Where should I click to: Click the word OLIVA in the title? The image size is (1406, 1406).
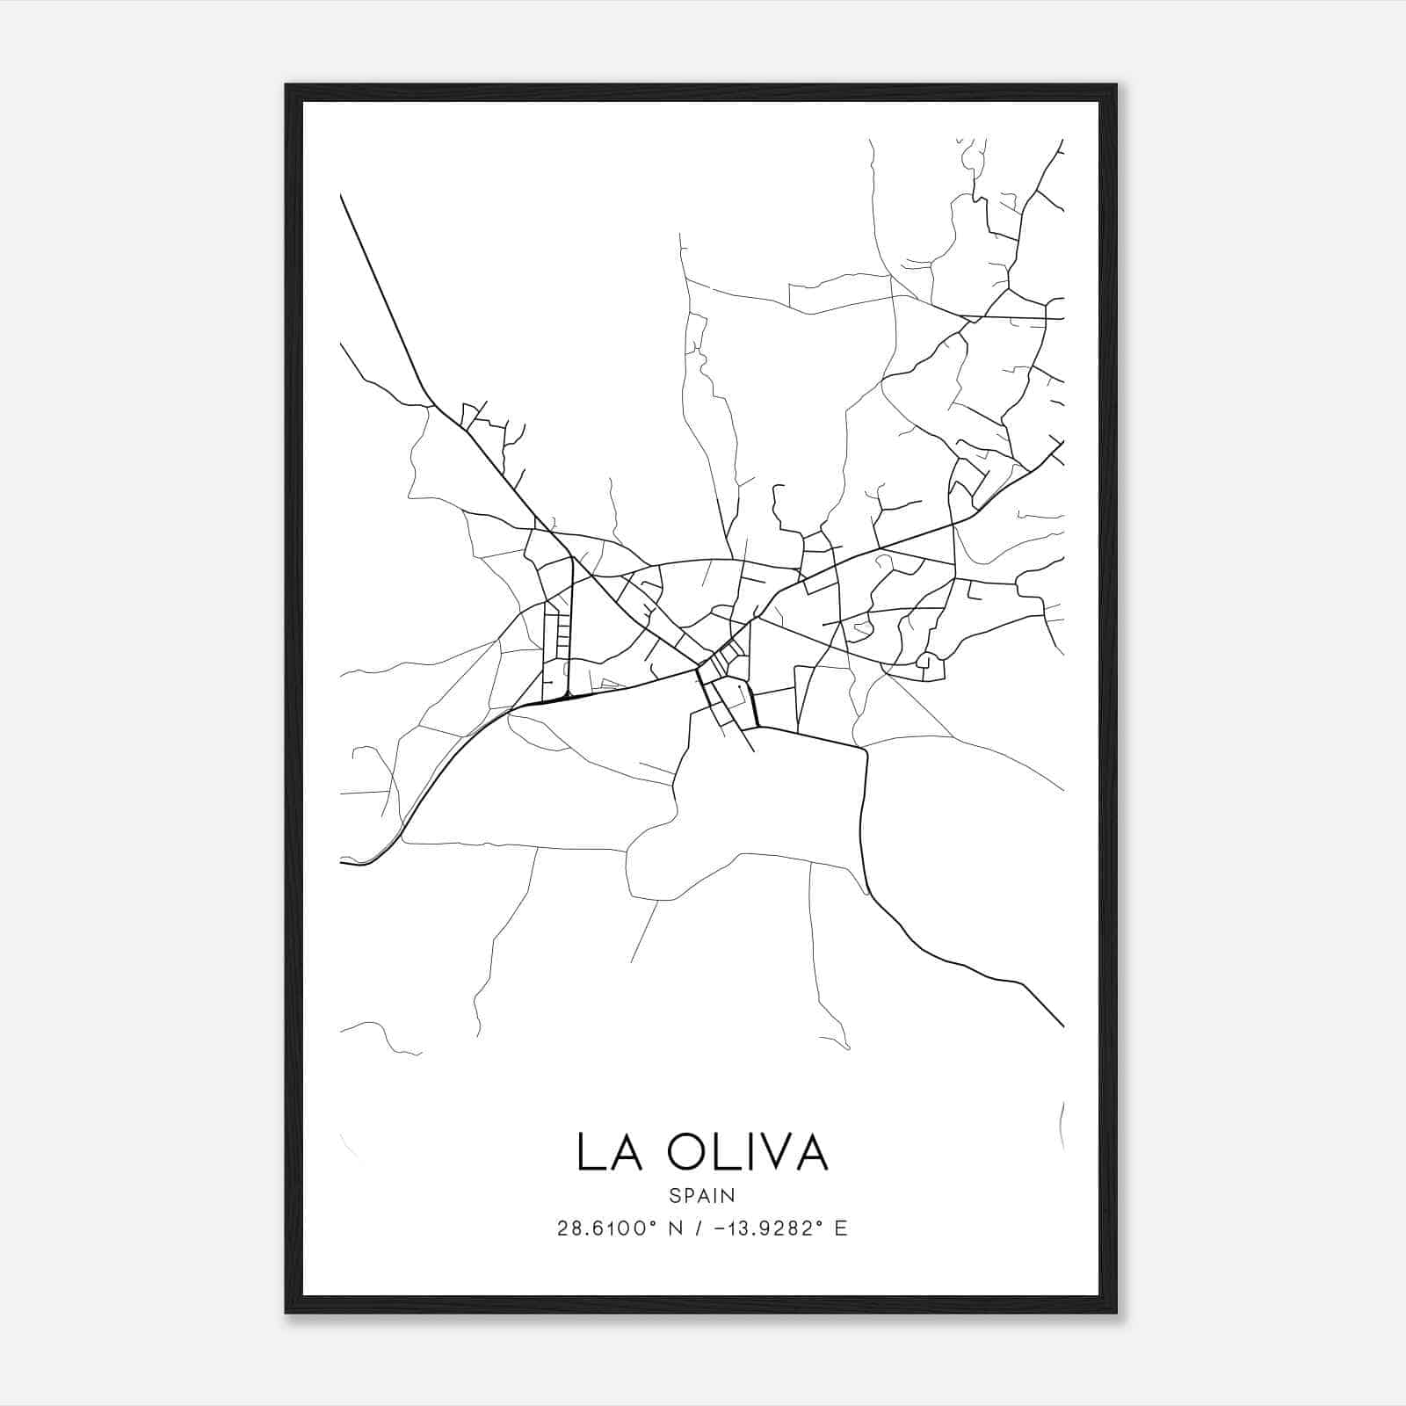point(748,1152)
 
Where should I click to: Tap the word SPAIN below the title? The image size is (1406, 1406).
point(701,1196)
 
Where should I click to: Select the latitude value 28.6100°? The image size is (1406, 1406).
point(607,1228)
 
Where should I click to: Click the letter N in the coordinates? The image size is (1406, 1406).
point(677,1228)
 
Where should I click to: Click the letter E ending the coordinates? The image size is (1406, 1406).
point(841,1228)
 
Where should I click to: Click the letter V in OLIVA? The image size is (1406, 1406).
point(779,1152)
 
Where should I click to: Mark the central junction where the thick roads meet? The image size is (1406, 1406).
point(699,670)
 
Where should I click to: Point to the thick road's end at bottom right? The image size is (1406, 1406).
point(1063,1026)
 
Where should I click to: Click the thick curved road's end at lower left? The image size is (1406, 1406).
point(341,862)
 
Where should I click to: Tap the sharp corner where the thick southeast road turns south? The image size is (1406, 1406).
point(865,750)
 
